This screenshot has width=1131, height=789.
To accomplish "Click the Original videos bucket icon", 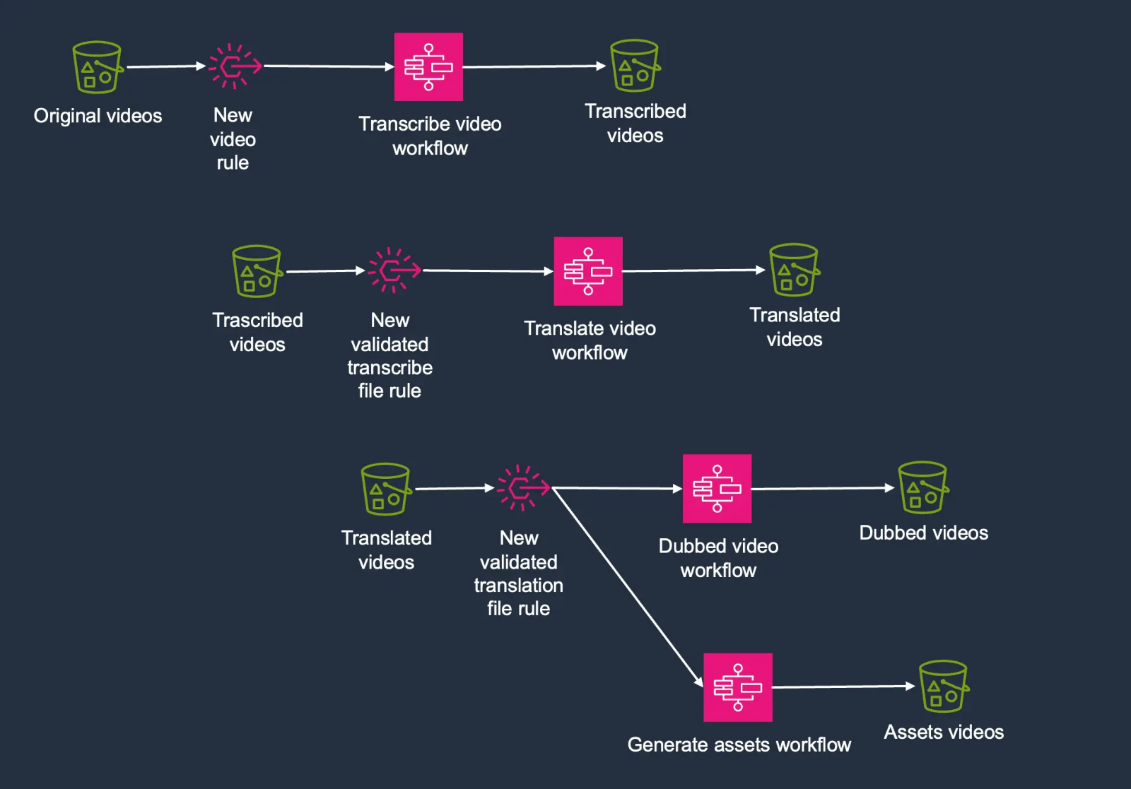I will coord(98,67).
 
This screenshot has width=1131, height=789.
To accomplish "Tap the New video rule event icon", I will coord(234,66).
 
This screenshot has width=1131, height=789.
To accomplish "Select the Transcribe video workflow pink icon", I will coord(428,67).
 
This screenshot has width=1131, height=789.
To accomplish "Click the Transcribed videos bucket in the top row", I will coord(635,66).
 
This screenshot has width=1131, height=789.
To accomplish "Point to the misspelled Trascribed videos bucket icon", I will coord(257,271).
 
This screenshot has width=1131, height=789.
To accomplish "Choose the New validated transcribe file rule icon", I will coord(394,270).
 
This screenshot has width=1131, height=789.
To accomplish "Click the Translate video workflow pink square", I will coord(588,271).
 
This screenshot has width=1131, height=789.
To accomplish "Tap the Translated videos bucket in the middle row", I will coord(794,270).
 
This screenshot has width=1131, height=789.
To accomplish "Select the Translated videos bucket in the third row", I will coord(386,489).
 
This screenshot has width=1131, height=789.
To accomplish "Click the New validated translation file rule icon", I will coord(522,487).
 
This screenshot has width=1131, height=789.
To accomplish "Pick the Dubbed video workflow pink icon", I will coord(717,489).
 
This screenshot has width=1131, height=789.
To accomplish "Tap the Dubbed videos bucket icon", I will coord(922,487).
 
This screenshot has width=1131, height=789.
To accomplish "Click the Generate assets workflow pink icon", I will coord(738,687).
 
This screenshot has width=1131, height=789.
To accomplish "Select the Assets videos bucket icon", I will coord(943,687).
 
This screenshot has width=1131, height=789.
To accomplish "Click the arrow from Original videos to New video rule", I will coord(165,66).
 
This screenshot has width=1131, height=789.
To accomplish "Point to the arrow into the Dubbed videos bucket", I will coord(824,488).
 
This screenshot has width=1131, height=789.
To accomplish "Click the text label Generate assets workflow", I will coord(739,744).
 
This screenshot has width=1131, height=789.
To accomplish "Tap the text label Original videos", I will coord(98,116).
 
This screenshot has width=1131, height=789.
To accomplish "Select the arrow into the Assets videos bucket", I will coord(844,687).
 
